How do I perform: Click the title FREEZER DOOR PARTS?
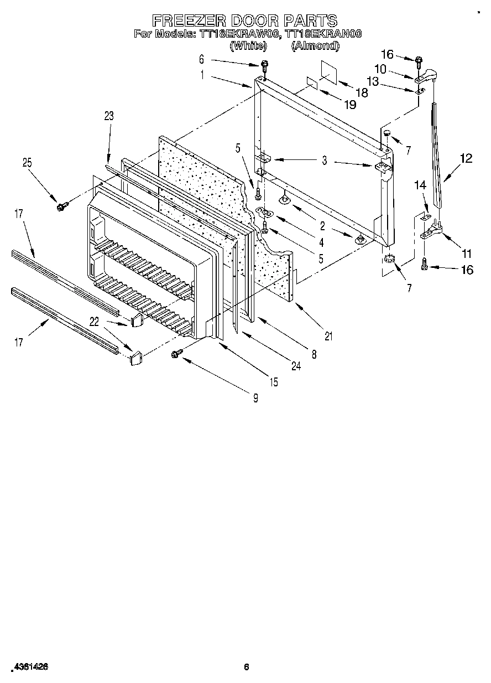tap(245, 20)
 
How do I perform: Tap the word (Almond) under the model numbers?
tap(315, 46)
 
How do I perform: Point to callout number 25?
tap(27, 163)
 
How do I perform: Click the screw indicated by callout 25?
tap(60, 206)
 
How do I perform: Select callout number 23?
tap(108, 116)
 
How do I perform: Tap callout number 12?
tap(466, 158)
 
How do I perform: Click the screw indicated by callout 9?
tap(177, 353)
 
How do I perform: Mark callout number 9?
tap(255, 396)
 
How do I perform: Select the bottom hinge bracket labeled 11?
tap(433, 233)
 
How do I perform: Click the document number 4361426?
tap(28, 668)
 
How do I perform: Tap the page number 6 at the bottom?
tap(247, 668)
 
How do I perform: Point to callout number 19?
tap(349, 105)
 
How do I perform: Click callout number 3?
tap(325, 161)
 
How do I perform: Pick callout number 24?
tap(296, 365)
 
